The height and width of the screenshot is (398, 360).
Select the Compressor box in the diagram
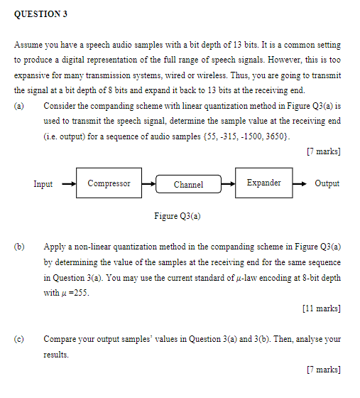tap(109, 183)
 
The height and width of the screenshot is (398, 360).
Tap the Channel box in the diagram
tap(188, 185)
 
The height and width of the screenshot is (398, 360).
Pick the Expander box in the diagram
tap(263, 183)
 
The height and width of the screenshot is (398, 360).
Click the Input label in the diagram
tap(43, 184)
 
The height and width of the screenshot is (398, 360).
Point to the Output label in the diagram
tap(327, 183)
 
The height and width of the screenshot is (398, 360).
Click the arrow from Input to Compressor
tap(68, 184)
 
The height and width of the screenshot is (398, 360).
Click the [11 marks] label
tap(321, 308)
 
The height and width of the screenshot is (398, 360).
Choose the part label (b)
tap(18, 247)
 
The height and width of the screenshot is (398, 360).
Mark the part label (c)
tap(18, 339)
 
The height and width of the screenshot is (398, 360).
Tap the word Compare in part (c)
tap(60, 339)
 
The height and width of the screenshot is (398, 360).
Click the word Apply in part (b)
tap(55, 247)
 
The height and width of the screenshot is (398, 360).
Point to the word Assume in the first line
tap(29, 45)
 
